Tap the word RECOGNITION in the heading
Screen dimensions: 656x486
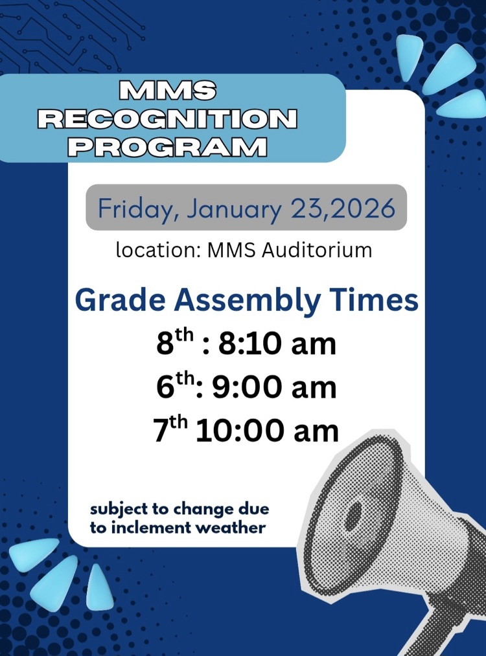pyautogui.click(x=168, y=119)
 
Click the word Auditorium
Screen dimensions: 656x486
pyautogui.click(x=317, y=250)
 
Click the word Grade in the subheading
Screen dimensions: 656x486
pyautogui.click(x=122, y=301)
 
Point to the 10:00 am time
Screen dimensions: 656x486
pyautogui.click(x=267, y=431)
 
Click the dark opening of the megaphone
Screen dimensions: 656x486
pyautogui.click(x=353, y=515)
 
